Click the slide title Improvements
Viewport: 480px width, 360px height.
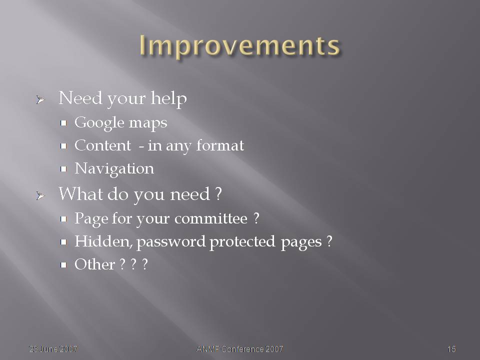pos(239,46)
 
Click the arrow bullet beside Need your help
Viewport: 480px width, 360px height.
pos(40,99)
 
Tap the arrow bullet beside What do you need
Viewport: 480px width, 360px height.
pos(40,195)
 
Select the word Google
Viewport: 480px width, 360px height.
pos(99,123)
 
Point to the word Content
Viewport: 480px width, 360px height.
pos(103,145)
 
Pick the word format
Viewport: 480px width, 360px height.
pos(220,145)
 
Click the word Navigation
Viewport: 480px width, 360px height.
pos(114,169)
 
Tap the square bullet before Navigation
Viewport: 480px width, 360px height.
pos(63,169)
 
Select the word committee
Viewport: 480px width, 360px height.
pos(211,218)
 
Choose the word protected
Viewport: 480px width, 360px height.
pos(242,242)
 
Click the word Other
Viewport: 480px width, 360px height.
pos(94,264)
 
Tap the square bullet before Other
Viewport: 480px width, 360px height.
pos(63,265)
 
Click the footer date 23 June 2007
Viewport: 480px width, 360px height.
pos(53,349)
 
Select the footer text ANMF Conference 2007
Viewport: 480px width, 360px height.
pos(239,349)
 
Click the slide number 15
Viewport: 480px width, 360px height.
pos(451,349)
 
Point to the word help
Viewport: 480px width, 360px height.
pos(168,99)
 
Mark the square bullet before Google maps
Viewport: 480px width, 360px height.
pos(63,123)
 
